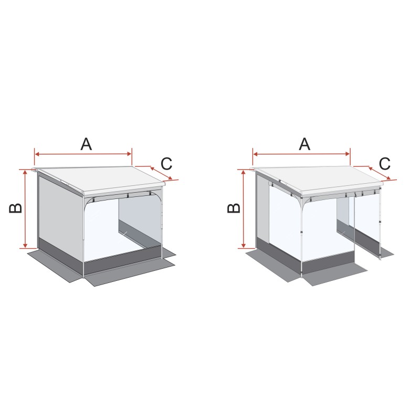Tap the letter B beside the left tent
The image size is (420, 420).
(16, 208)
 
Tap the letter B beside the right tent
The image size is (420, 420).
(234, 208)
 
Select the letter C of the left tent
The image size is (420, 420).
(166, 164)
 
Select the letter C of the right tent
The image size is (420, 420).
(385, 164)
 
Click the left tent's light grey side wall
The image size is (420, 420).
(60, 214)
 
